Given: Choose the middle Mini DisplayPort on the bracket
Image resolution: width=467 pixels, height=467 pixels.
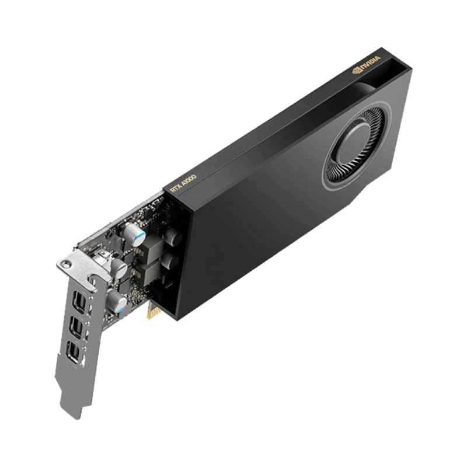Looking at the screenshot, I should tap(76, 325).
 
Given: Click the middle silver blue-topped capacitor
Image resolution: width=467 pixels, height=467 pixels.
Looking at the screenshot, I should tap(119, 269).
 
